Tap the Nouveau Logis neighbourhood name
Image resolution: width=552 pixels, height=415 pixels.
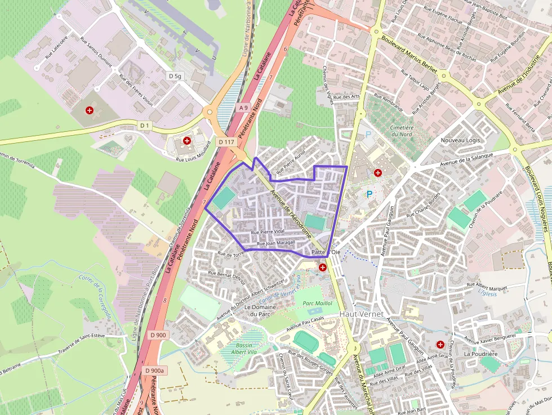(461, 140)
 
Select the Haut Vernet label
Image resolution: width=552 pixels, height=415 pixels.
(361, 313)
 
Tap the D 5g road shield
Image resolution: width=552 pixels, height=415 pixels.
(175, 75)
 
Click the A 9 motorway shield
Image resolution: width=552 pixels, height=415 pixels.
(243, 107)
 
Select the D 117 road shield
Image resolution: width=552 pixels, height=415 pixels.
(226, 141)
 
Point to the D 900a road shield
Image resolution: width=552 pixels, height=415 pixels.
(154, 371)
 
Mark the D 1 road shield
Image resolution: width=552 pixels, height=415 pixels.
(145, 125)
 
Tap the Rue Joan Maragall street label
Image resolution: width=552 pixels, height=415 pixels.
(276, 243)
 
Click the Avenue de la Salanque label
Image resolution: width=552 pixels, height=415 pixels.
(466, 159)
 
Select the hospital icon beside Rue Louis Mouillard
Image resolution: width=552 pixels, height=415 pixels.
(187, 140)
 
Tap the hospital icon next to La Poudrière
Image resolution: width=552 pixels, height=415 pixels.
(440, 343)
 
